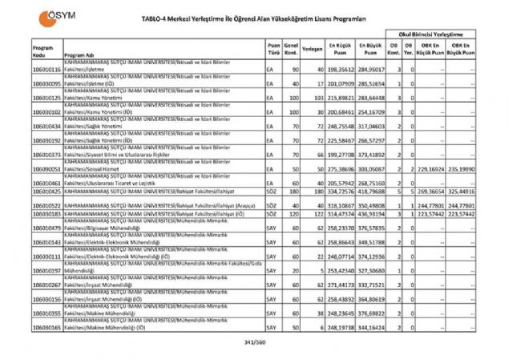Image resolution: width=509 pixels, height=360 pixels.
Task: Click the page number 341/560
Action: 253,344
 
